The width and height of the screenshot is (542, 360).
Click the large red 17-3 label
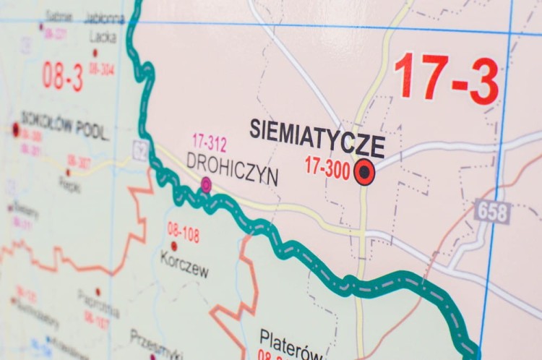447,78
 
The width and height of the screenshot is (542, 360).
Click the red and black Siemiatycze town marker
364,172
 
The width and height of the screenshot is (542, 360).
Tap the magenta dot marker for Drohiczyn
206,185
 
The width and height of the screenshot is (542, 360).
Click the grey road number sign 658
493,212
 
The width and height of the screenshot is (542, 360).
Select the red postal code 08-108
184,231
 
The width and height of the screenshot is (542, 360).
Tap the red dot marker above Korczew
173,246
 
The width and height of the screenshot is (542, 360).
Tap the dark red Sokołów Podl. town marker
16,129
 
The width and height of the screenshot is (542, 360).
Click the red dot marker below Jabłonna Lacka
95,53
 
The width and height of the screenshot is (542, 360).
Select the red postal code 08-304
102,69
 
